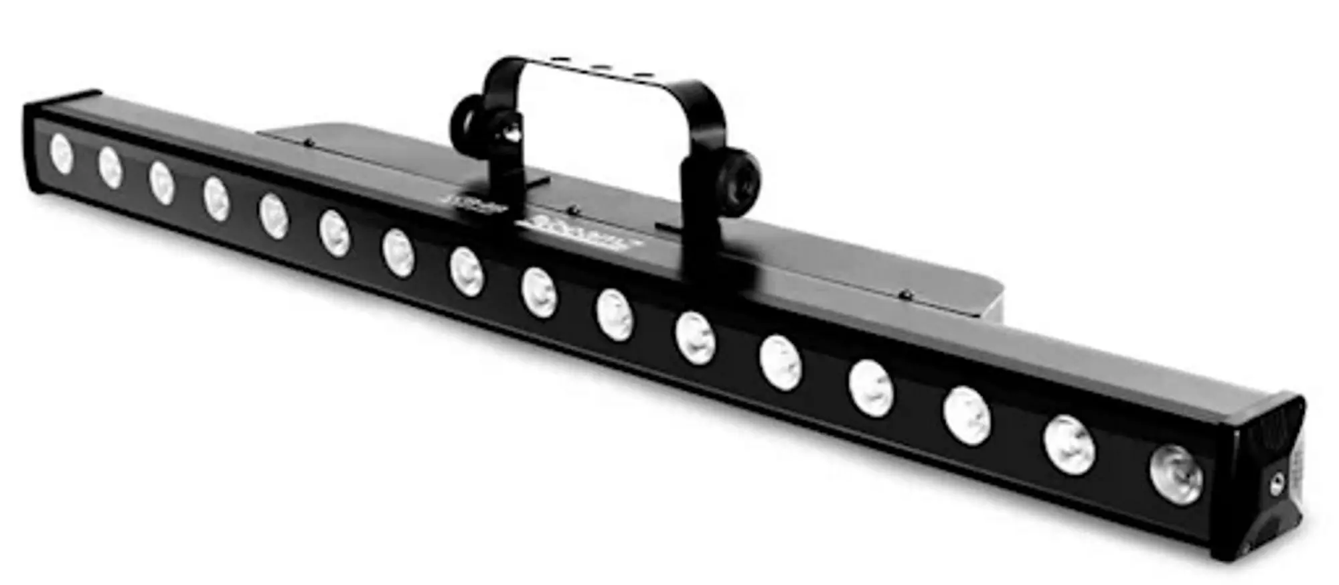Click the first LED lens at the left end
[61, 153]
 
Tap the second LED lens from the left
[110, 167]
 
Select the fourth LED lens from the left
[216, 198]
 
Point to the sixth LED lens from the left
[334, 233]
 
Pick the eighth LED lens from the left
[467, 271]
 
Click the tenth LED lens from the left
[615, 314]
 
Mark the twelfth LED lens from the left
[781, 363]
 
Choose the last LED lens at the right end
[1176, 474]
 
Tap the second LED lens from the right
[1069, 445]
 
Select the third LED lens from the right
[967, 415]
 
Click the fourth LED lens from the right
[871, 389]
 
